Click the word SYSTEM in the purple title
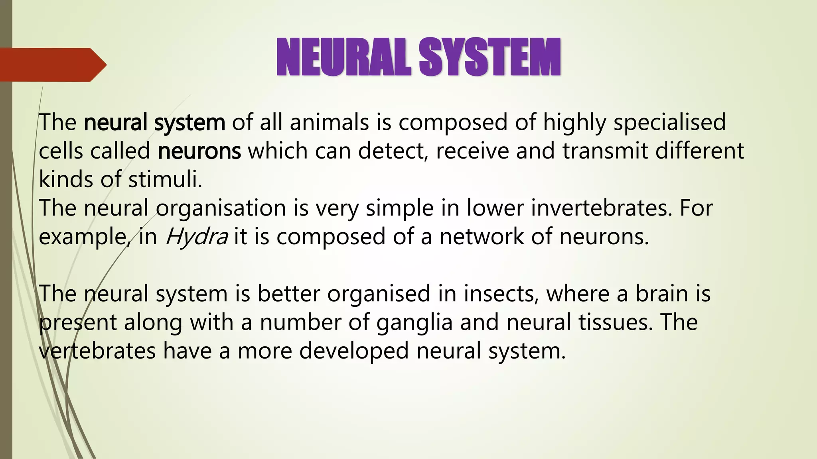tap(490, 57)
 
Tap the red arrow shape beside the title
tap(52, 65)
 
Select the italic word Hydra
tap(196, 237)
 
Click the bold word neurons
tap(199, 151)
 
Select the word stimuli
tap(165, 180)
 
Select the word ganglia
tap(414, 322)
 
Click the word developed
tap(354, 351)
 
